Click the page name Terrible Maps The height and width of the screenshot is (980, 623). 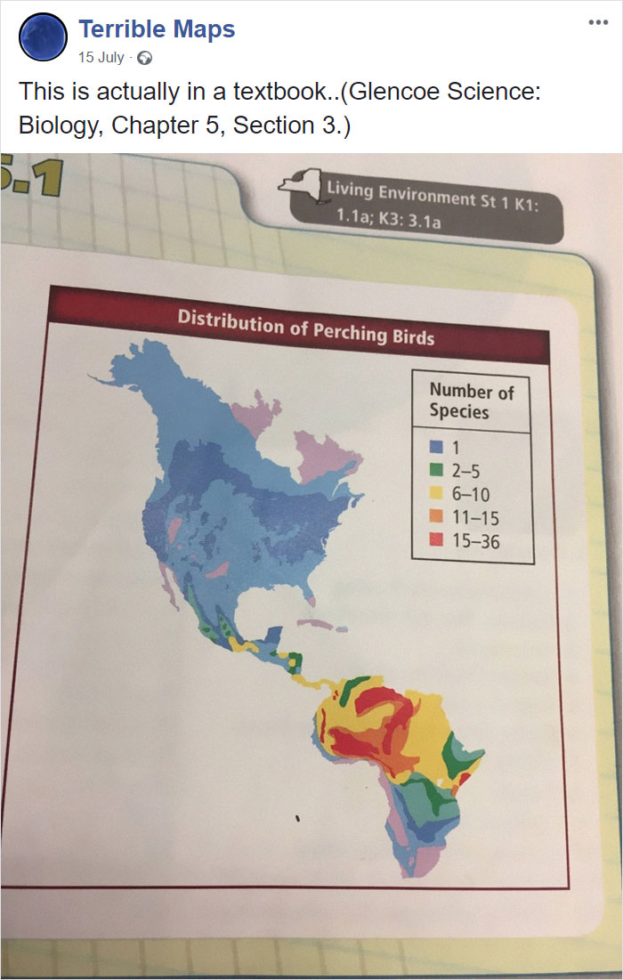pyautogui.click(x=157, y=29)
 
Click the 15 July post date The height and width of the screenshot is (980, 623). pyautogui.click(x=101, y=58)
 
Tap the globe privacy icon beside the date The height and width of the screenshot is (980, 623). pyautogui.click(x=146, y=59)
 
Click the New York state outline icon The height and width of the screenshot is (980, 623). pyautogui.click(x=300, y=182)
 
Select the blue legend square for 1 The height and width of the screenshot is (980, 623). pyautogui.click(x=435, y=447)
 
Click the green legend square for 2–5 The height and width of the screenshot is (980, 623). pyautogui.click(x=435, y=470)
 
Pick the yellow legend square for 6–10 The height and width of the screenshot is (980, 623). pyautogui.click(x=435, y=493)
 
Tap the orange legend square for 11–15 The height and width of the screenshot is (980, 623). pyautogui.click(x=435, y=516)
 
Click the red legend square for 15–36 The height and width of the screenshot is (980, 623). pyautogui.click(x=435, y=539)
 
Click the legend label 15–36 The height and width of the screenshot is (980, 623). pyautogui.click(x=476, y=540)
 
